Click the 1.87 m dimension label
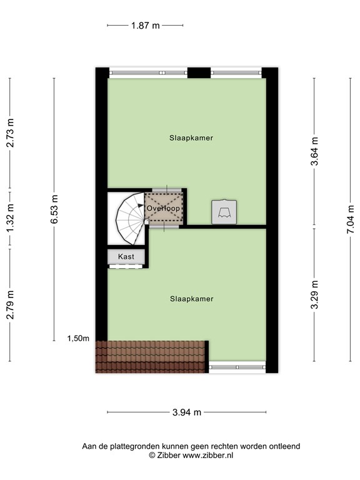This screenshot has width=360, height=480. pos(145,26)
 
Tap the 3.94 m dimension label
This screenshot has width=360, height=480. pos(187,412)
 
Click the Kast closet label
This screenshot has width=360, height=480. pos(126,257)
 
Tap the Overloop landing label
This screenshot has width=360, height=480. pos(164,208)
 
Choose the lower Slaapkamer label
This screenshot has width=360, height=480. pos(191,299)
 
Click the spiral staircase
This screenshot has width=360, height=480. pos(128,218)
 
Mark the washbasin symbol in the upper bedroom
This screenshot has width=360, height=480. pos(223,211)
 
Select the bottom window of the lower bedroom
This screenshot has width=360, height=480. pos(237,366)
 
